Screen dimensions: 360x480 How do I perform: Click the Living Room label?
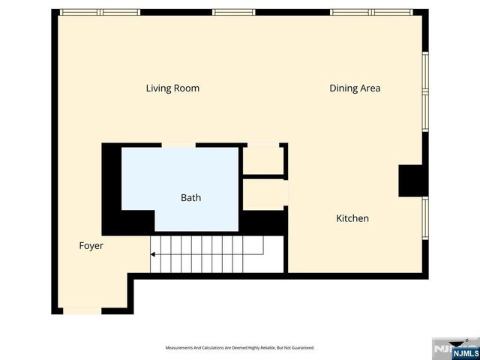coord(172,88)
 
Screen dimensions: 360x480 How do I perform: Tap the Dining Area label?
coord(355,88)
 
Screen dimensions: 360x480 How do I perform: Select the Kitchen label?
coord(352,219)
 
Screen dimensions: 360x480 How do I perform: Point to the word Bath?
coord(190,199)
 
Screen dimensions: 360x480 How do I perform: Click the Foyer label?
coord(91,246)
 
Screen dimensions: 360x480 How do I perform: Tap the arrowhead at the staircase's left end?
coord(153,254)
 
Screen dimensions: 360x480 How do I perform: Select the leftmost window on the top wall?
coord(100,13)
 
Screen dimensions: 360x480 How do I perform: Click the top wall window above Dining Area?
coord(371,13)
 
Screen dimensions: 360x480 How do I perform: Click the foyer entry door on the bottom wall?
coord(81,310)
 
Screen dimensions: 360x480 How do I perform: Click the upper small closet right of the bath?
coord(262,160)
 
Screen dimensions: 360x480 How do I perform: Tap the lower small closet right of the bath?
coord(262,194)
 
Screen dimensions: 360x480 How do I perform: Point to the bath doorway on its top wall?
coord(178,145)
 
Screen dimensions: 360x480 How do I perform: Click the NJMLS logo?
coord(454,349)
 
